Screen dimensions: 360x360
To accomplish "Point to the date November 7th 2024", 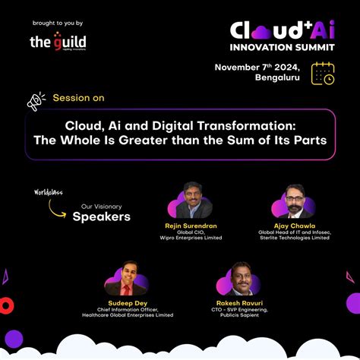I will (257, 68).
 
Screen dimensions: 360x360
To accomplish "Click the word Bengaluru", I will (277, 79).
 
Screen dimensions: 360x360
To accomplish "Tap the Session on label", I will (78, 98).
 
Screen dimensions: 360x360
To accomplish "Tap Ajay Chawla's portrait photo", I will (295, 202).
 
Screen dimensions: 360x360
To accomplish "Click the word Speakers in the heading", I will (101, 217).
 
